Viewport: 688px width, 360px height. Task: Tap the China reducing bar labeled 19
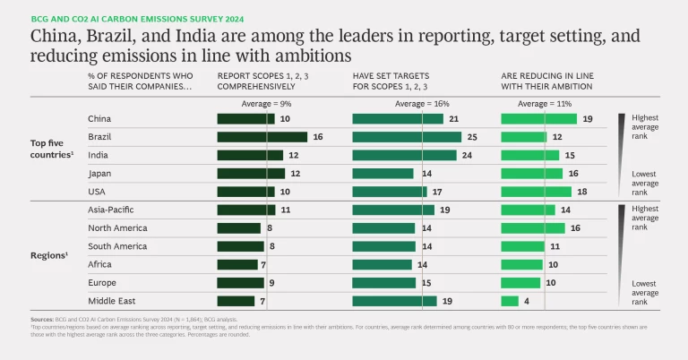point(538,119)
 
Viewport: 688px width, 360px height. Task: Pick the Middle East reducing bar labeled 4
point(510,301)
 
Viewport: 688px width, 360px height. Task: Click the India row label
point(99,155)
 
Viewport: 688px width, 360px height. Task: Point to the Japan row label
point(100,173)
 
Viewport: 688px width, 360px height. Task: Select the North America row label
point(117,227)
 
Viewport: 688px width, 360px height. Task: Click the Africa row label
point(99,264)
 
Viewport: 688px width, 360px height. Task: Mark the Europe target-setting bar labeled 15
point(384,282)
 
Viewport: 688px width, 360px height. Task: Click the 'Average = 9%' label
point(265,104)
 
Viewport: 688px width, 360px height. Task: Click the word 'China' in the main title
point(53,37)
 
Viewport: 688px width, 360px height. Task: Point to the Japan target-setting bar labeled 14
point(383,173)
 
